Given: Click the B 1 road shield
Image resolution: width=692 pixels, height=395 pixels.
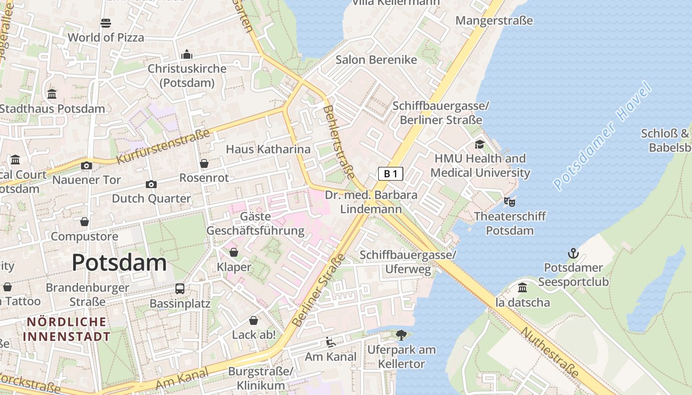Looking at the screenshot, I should coord(390,173).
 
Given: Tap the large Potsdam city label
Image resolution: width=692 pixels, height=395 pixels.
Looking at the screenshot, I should coord(119,262).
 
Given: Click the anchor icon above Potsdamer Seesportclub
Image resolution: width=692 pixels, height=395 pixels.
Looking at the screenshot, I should coord(573,254).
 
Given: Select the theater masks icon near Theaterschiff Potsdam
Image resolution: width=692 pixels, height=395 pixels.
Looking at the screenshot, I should coord(509,201).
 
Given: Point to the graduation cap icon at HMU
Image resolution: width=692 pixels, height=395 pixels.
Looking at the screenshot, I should coord(479,144).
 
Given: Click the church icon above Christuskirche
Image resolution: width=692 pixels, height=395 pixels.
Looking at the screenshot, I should coord(187,54).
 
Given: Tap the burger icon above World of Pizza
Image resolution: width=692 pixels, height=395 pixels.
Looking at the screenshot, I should coord(106,23).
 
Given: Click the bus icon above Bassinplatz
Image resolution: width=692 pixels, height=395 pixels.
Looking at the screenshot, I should coord(180,288).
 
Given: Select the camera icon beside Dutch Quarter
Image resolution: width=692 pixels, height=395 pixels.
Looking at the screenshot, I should coord(151,184).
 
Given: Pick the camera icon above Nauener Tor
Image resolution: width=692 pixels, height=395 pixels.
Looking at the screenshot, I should coord(86,165).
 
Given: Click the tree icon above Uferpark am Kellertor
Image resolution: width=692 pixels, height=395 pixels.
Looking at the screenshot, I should coord(401,335).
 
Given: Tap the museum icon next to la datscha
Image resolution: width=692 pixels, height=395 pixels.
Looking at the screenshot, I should coord(522,288).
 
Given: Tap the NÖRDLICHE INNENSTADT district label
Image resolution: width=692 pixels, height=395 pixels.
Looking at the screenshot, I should coord(67,329).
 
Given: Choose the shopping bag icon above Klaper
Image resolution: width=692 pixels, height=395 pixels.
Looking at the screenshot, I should coord(234,253).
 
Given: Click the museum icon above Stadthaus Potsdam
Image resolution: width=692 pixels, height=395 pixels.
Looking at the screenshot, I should coord(52,94).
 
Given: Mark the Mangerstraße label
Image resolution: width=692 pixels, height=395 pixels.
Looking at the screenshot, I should coord(494,21).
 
